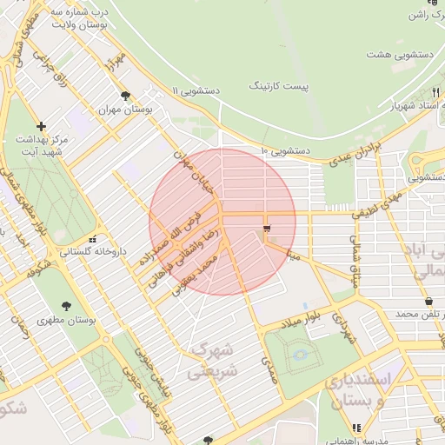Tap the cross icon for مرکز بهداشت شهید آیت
click(40, 126)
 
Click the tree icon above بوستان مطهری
click(67, 305)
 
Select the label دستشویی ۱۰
click(284, 151)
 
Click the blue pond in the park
click(300, 355)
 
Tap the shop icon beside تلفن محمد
click(429, 301)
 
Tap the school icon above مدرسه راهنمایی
click(356, 428)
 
